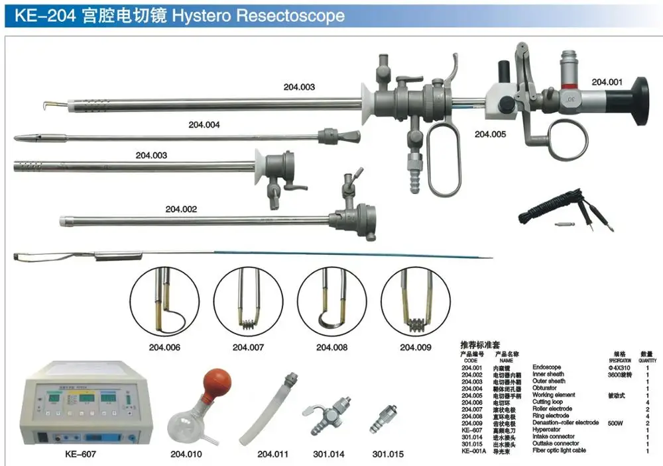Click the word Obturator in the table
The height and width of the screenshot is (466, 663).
[x=545, y=388]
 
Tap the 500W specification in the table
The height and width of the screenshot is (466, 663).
[x=617, y=422]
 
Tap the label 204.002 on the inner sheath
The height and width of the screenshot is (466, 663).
[x=181, y=209]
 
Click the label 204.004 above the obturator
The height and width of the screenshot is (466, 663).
[x=204, y=124]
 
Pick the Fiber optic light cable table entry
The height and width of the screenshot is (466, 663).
[x=560, y=451]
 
